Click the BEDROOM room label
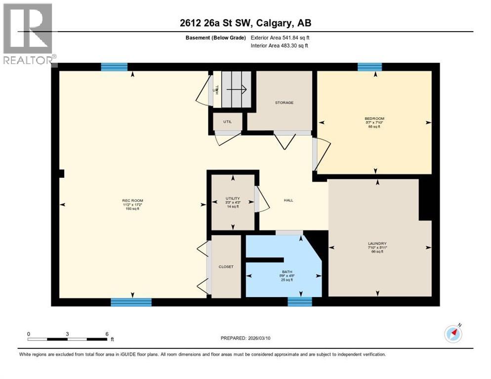coord(374,118)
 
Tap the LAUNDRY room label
coord(377,243)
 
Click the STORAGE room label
coord(284,103)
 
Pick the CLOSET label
coord(226,267)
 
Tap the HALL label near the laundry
coord(288,200)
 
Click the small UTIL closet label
coord(227,121)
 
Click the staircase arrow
coord(237,89)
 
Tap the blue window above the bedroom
coord(369,67)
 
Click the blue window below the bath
coord(300,301)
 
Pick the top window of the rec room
coord(114,67)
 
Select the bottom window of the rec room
coord(131,302)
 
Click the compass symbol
coord(453,334)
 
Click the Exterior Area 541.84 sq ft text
coord(280,38)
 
